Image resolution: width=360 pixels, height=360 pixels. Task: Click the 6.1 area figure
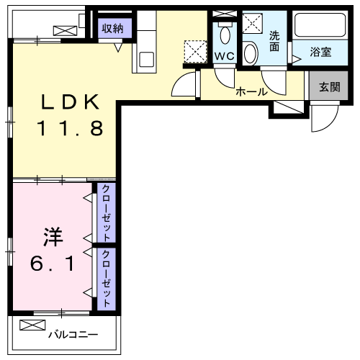[51, 264]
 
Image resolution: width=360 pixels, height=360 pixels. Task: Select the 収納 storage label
[112, 29]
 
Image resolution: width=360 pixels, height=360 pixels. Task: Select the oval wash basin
[251, 53]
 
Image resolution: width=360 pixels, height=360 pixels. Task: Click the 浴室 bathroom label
[320, 53]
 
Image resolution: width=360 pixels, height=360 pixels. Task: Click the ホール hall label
[251, 92]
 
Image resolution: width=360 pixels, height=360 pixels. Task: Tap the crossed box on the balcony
[32, 326]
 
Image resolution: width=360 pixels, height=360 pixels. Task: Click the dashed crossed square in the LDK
[194, 51]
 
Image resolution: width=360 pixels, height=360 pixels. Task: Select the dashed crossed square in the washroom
[253, 24]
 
